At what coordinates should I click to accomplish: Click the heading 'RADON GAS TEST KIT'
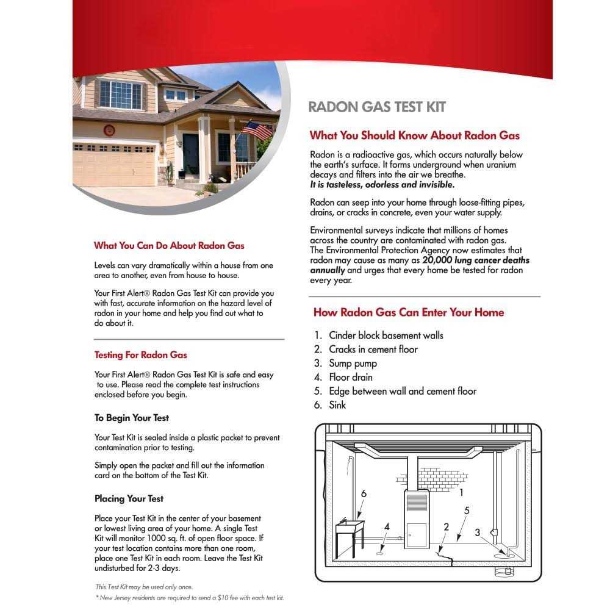tap(377, 107)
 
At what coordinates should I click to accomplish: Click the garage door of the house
tap(114, 164)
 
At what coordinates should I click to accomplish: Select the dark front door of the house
tap(190, 153)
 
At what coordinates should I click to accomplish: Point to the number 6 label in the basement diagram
tap(364, 493)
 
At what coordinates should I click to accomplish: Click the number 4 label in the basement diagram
tap(387, 526)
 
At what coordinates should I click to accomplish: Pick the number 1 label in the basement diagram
tap(461, 492)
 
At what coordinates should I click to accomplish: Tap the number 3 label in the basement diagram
tap(478, 532)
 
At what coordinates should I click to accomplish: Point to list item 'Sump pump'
tap(353, 364)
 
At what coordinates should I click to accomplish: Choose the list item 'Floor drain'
tap(350, 378)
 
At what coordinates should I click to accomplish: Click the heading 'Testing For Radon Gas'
tap(140, 355)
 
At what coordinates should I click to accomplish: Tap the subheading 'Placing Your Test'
tap(129, 498)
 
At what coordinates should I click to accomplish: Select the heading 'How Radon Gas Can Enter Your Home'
tap(409, 312)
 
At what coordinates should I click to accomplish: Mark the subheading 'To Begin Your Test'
tap(132, 418)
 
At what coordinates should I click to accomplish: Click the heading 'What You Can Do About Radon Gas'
tap(169, 246)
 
